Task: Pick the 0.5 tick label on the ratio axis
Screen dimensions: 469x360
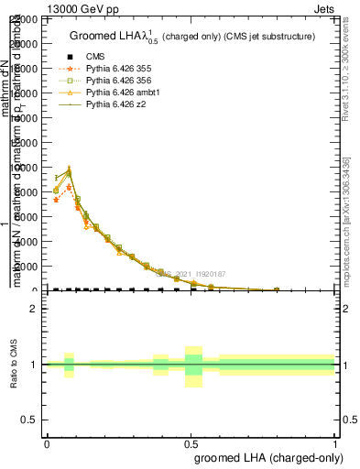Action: (x=29, y=420)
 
